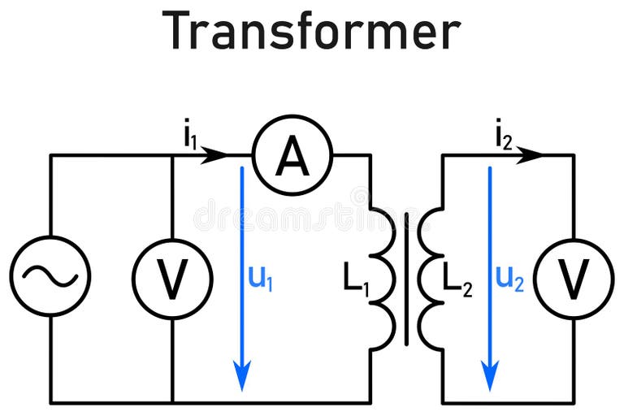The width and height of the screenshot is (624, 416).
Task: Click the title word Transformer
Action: (x=312, y=32)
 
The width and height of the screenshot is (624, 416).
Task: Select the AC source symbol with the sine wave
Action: (x=50, y=277)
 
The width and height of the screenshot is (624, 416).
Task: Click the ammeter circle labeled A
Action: (x=292, y=155)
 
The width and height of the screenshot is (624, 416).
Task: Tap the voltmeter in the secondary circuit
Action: (x=574, y=279)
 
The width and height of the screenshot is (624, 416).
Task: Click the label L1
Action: (x=355, y=280)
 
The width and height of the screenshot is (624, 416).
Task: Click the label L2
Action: (x=457, y=280)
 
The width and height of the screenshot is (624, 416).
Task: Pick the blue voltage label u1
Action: (x=261, y=279)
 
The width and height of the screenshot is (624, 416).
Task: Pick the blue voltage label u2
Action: (x=509, y=279)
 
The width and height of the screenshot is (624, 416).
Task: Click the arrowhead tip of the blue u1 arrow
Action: (x=241, y=388)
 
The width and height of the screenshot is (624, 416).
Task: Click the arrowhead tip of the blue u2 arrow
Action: (x=489, y=388)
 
